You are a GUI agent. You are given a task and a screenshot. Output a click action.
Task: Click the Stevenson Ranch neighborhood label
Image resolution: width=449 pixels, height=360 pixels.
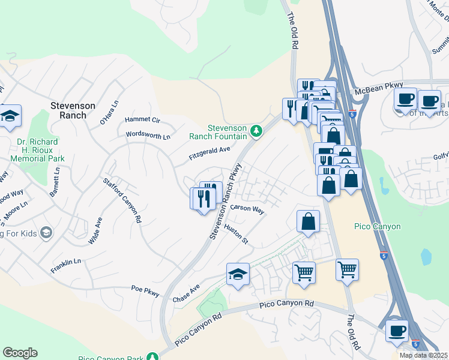[x=73, y=110]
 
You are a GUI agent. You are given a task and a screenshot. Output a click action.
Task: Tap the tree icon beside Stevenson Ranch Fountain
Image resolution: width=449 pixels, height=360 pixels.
[x=256, y=130]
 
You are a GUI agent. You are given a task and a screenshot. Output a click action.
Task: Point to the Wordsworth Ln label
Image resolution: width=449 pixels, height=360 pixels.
[x=148, y=136]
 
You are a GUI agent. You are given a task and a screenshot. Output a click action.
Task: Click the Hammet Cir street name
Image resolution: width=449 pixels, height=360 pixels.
[x=142, y=120]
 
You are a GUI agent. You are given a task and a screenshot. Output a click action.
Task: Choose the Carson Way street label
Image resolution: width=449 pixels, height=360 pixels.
[x=248, y=208]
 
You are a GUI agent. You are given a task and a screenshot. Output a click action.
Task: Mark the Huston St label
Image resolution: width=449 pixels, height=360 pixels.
[x=236, y=234]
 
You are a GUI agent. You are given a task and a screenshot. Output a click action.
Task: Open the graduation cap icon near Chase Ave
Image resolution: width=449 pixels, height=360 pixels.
[x=238, y=275]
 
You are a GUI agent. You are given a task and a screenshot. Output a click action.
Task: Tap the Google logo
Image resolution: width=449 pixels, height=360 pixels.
[x=20, y=353]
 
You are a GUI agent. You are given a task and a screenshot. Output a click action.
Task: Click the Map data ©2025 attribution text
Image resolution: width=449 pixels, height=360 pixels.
[x=423, y=355]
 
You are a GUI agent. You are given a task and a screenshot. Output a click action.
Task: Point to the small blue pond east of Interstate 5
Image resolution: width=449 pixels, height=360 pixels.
[x=426, y=256]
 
